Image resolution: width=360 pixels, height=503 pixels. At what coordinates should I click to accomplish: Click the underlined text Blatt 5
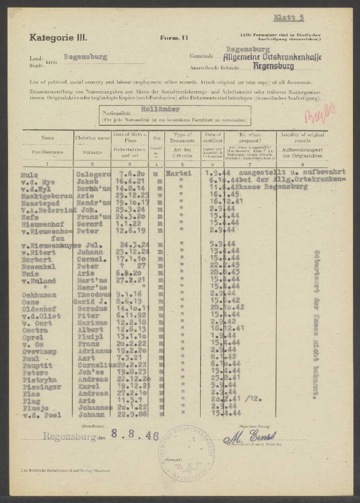(289, 18)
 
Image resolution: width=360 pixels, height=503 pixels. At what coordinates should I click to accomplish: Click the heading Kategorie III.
(58, 37)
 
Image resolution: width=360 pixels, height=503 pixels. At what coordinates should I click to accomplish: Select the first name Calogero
(93, 175)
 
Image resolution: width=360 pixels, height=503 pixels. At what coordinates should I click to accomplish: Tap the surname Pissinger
(41, 388)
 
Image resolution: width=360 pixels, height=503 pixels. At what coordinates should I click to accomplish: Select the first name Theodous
(93, 295)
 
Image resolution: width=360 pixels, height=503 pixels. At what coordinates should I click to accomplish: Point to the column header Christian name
(92, 137)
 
